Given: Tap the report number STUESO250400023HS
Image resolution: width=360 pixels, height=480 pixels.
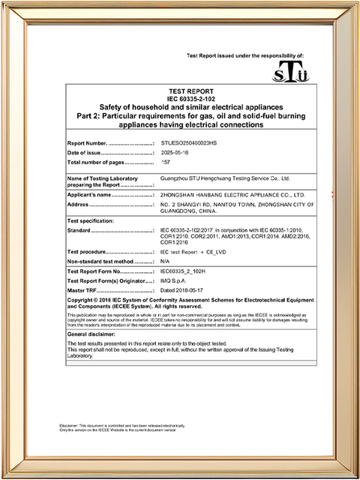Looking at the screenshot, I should (x=189, y=142).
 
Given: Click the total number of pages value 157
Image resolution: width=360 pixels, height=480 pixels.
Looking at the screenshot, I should (x=166, y=162).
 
